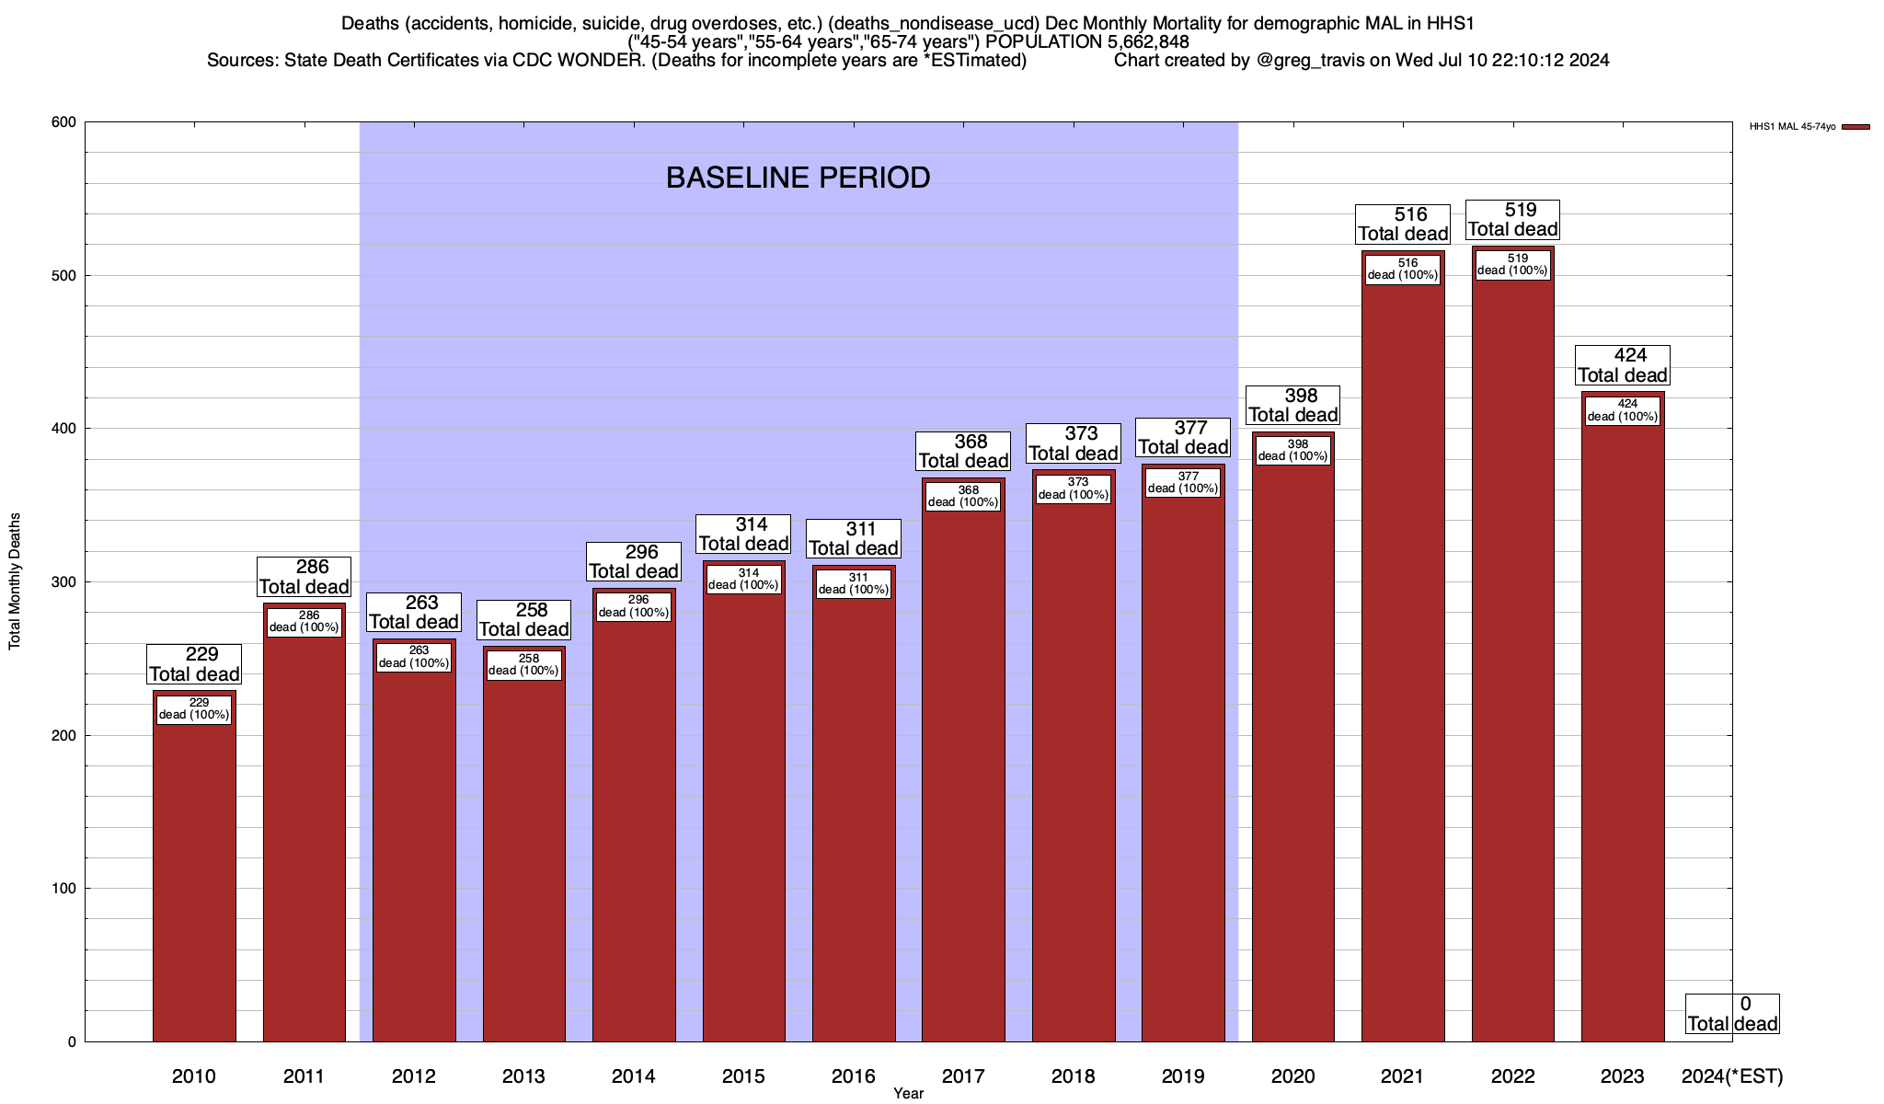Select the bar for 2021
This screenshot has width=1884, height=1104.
pos(1403,662)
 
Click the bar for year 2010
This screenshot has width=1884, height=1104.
pos(194,874)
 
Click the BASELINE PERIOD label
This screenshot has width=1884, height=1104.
pos(798,178)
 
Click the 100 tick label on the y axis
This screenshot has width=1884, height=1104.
pos(64,889)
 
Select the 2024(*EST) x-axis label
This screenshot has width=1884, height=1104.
pos(1731,1076)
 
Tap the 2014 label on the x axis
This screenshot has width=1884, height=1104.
pos(633,1076)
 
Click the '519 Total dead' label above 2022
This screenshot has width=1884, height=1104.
pos(1513,220)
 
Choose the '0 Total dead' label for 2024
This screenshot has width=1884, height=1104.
pos(1732,1014)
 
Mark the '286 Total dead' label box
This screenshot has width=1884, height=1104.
pos(304,577)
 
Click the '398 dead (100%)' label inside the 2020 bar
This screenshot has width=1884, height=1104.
pos(1292,450)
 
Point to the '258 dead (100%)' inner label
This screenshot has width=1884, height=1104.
pos(523,664)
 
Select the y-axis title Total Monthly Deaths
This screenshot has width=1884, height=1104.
pos(15,581)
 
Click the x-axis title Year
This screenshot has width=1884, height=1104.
pos(908,1093)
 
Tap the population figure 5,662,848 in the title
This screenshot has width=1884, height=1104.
pos(1146,42)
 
